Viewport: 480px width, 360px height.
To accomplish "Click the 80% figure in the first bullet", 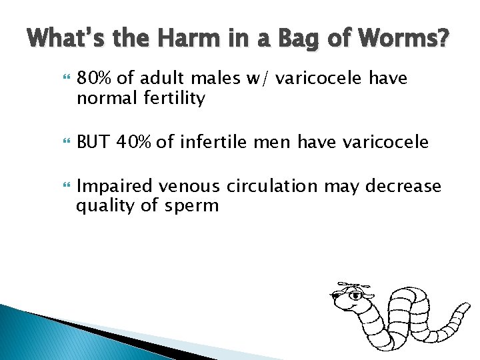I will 96,79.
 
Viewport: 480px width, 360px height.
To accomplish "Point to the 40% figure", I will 134,141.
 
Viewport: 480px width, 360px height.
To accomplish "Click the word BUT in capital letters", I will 93,141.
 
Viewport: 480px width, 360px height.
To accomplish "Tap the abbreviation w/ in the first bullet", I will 259,79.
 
